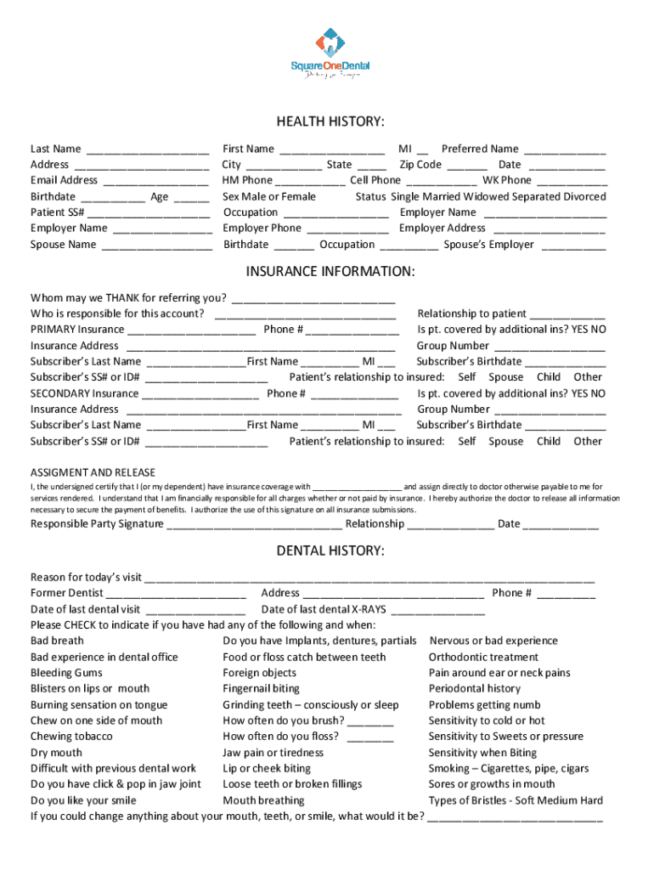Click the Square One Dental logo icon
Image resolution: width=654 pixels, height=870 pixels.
[330, 42]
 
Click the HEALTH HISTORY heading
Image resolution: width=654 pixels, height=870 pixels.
[330, 121]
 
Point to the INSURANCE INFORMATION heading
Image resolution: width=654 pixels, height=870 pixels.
[330, 271]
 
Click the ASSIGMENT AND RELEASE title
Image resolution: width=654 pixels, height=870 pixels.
[93, 472]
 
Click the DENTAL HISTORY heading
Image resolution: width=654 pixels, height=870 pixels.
[330, 551]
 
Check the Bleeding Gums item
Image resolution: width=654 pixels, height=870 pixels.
[66, 673]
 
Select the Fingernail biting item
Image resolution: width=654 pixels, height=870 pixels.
[261, 689]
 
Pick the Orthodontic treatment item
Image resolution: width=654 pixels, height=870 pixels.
[483, 657]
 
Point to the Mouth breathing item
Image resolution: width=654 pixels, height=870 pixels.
[263, 800]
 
